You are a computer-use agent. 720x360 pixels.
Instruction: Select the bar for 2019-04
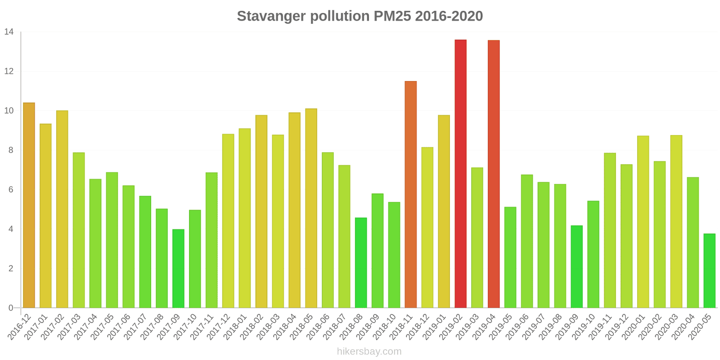point(494,174)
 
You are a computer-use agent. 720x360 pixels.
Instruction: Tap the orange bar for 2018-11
point(410,194)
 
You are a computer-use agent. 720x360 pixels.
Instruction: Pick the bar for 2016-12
point(29,205)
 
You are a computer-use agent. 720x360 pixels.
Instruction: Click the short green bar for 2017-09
point(178,269)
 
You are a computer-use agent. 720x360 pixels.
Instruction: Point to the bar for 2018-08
point(361,263)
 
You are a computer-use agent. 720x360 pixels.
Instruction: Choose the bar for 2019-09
point(576,266)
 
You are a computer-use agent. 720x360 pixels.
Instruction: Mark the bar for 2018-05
point(311,208)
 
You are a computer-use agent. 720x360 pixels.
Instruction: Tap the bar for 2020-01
point(643,222)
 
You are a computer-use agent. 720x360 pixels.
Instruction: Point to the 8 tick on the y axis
point(11,150)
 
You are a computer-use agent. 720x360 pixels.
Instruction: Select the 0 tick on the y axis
point(11,308)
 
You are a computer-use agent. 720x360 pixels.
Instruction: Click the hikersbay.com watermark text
point(369,351)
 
